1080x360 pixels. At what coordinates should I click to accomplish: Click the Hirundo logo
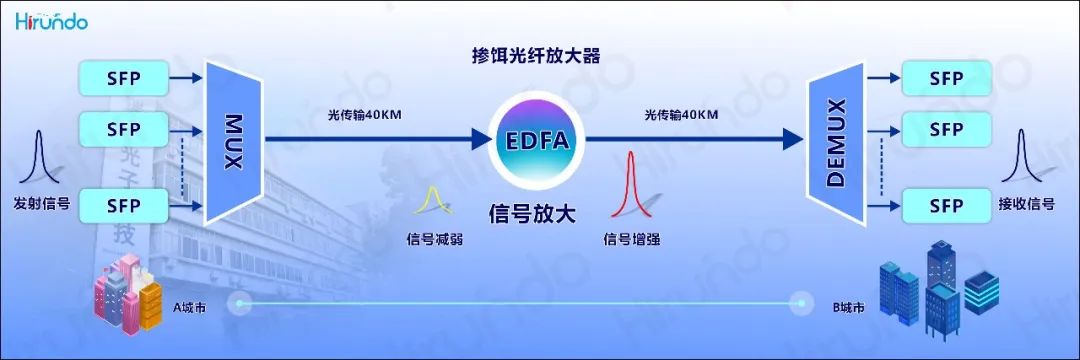coord(52,21)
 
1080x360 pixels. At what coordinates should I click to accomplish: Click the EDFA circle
coord(537,141)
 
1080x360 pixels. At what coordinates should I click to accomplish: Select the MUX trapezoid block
coord(233,142)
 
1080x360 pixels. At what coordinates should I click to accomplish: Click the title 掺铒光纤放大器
coord(535,56)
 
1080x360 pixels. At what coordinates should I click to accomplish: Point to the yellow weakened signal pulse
coord(433,200)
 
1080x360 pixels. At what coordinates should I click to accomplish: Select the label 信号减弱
coord(433,239)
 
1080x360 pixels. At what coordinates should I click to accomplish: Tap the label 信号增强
coord(632,239)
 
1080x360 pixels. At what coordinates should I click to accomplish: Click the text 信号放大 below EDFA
coord(532,213)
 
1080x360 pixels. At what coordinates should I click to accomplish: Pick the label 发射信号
coord(41,203)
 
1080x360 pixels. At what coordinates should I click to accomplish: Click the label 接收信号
coord(1026,204)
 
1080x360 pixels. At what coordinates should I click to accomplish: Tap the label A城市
coord(189,308)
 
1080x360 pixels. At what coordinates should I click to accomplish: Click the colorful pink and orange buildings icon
coord(127,294)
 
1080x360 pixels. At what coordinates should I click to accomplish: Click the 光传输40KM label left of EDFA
coord(364,115)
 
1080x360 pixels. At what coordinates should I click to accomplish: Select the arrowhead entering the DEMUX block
coord(792,139)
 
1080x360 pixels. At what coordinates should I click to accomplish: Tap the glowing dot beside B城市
coord(801,302)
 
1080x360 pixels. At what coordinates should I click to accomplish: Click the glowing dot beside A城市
coord(240,302)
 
